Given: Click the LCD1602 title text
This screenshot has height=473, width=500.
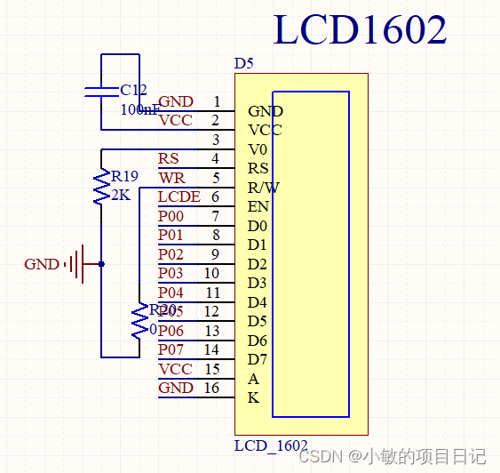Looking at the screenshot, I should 360,30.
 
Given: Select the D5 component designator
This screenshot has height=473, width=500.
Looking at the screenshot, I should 243,64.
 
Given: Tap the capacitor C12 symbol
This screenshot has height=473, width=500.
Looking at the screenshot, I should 101,91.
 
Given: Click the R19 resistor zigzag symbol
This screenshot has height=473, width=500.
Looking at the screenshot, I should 102,187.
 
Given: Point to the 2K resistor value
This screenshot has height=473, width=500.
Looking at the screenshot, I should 120,195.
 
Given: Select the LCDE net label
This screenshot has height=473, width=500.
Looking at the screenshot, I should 179,196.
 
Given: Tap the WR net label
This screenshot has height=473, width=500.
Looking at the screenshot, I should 171,178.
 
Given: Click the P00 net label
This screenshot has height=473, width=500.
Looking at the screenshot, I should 171,216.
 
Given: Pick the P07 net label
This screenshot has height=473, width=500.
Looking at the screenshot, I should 171,349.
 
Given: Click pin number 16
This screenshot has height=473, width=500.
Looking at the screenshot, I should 211,388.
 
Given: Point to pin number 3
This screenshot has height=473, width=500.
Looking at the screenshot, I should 216,140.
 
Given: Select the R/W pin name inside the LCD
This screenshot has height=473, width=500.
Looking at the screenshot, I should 264,188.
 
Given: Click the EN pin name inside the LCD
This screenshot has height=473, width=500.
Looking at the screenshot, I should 258,206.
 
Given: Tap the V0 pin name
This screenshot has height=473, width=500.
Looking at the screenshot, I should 258,149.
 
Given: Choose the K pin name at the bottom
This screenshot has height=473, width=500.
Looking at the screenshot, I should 253,397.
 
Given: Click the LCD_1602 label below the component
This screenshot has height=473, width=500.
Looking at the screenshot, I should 271,445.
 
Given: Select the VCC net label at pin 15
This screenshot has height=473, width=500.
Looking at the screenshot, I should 175,369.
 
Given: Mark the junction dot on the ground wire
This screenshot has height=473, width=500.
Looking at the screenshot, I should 101,264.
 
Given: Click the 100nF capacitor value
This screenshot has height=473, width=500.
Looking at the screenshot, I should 139,109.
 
